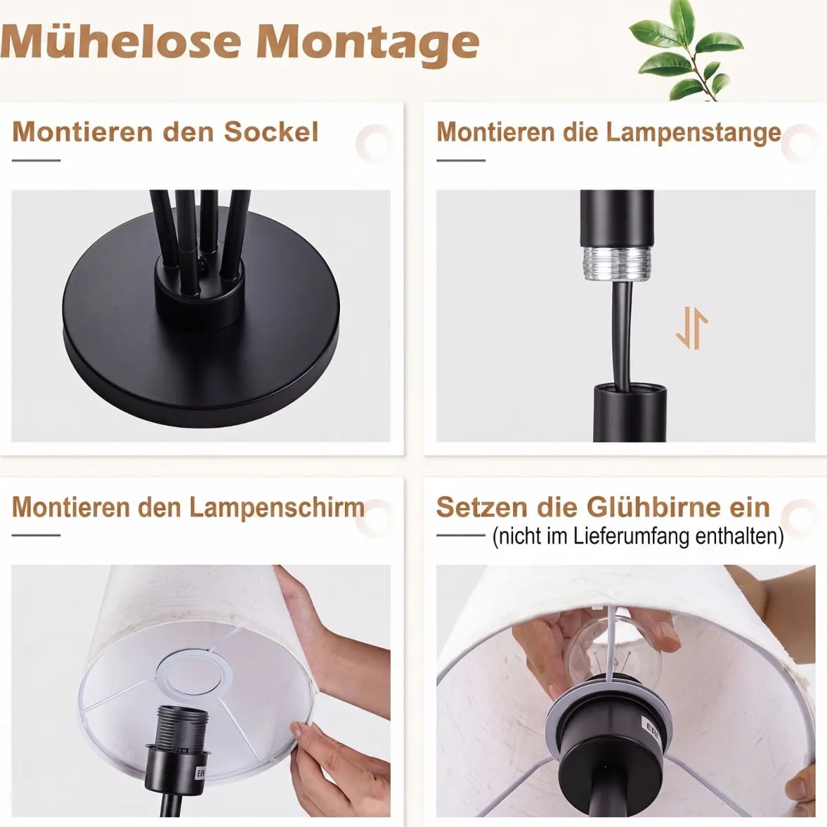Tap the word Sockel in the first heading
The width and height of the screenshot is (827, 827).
tap(271, 132)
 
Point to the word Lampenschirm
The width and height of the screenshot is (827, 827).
tap(277, 508)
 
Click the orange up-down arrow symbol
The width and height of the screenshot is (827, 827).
tap(691, 329)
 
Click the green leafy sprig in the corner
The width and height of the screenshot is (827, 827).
tap(686, 50)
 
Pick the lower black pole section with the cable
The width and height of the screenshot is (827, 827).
tap(630, 413)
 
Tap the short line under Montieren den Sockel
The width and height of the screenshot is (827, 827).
tap(36, 160)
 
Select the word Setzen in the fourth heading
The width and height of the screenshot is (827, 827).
tap(482, 507)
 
